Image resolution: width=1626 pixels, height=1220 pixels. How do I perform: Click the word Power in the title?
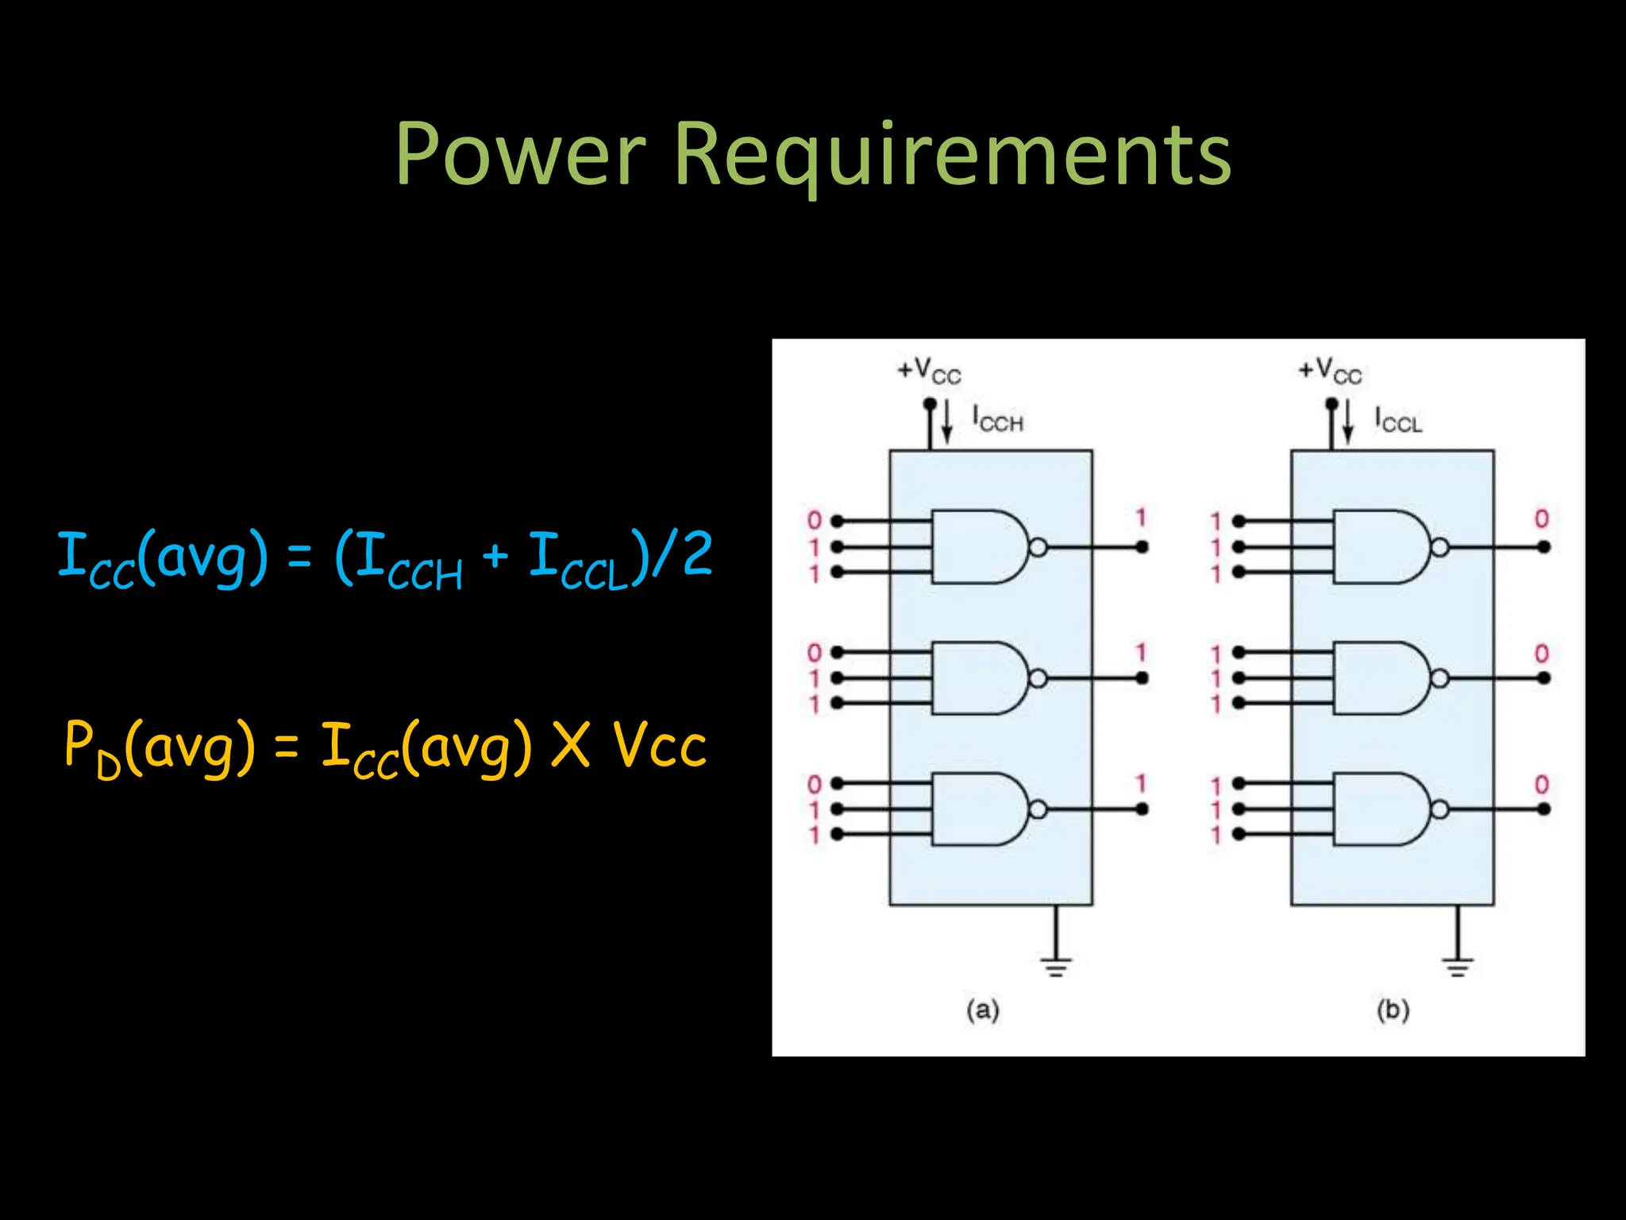(x=521, y=155)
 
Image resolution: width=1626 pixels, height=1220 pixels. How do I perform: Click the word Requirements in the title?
(x=952, y=155)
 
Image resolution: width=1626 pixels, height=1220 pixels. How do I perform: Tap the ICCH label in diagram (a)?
(x=998, y=419)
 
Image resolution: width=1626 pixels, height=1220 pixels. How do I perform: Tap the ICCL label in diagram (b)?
(x=1398, y=419)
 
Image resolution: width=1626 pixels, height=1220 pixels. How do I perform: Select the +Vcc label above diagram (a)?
(x=929, y=371)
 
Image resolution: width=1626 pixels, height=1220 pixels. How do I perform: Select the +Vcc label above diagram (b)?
(x=1330, y=371)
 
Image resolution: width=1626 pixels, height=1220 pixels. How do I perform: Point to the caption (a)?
(x=982, y=1010)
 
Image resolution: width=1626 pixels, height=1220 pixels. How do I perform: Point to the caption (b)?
(x=1393, y=1010)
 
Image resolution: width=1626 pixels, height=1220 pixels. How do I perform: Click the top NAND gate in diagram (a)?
(x=978, y=547)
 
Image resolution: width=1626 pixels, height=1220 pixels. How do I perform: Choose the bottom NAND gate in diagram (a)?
(x=978, y=809)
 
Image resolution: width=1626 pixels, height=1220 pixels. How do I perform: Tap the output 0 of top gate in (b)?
(x=1541, y=519)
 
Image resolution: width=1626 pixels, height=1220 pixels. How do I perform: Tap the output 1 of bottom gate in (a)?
(x=1141, y=784)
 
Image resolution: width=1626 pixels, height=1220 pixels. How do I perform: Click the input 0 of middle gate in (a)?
(x=814, y=653)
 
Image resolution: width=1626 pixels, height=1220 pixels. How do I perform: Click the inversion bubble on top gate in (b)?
(x=1439, y=547)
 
